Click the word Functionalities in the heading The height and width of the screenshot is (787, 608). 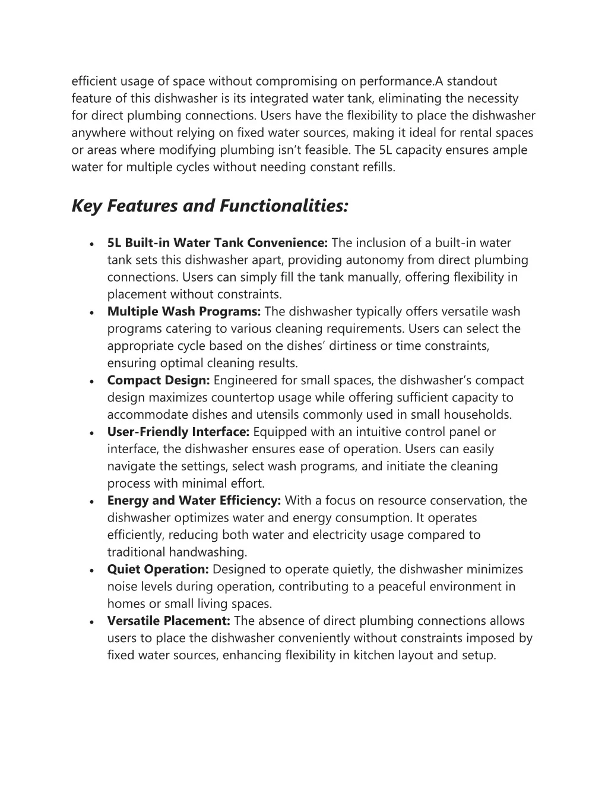[x=284, y=206]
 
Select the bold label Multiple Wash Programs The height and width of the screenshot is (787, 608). [x=184, y=312]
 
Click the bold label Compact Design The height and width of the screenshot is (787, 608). [x=159, y=381]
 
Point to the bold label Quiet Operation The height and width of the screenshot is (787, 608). [x=158, y=570]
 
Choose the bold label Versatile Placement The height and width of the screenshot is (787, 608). [x=169, y=621]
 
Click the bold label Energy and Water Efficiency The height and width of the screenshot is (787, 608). [x=194, y=501]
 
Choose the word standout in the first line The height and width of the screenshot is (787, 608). [x=471, y=81]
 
